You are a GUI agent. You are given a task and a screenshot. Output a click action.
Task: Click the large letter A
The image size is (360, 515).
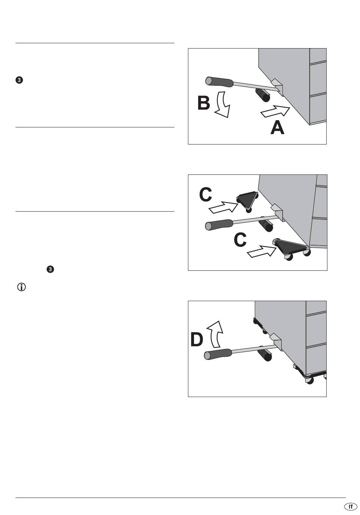(277, 127)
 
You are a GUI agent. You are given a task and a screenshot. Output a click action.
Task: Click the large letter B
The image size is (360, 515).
(203, 104)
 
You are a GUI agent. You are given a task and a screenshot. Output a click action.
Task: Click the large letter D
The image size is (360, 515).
(197, 339)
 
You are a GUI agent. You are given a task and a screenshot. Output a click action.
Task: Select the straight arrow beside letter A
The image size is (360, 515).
(275, 111)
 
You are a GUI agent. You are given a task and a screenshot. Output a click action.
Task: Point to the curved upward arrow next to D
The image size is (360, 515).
(215, 332)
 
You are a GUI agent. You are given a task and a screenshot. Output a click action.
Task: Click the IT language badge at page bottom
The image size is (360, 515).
(351, 507)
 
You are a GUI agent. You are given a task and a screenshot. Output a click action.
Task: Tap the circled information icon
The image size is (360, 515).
(21, 287)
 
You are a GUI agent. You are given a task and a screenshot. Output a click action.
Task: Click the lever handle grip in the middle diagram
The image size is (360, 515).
(219, 225)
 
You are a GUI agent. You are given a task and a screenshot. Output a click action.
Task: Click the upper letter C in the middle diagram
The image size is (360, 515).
(205, 195)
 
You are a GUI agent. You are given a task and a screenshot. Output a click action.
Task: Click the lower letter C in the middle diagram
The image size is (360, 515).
(240, 240)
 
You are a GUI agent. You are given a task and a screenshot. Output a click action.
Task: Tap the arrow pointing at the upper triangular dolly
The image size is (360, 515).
(223, 207)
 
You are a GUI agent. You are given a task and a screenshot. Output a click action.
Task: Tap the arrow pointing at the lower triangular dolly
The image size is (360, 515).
(261, 251)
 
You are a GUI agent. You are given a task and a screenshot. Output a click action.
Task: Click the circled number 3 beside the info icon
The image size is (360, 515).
(50, 270)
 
